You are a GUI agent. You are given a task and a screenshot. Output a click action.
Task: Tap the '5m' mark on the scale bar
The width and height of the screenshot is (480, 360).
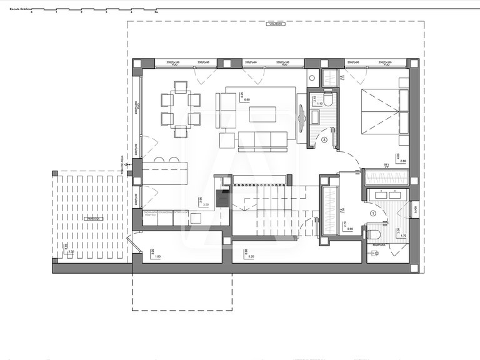156,12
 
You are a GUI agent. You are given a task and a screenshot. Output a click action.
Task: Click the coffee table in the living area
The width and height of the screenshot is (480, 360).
262,114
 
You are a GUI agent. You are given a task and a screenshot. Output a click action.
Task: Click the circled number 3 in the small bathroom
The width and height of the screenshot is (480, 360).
324,141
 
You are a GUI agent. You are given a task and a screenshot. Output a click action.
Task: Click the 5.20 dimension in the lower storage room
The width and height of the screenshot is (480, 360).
251,257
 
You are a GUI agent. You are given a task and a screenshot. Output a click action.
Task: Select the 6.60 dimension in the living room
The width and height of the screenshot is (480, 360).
246,99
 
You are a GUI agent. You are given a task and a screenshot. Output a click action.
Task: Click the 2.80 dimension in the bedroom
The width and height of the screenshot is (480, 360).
402,161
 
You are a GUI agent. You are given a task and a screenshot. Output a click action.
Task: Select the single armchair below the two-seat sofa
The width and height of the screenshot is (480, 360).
226,141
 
